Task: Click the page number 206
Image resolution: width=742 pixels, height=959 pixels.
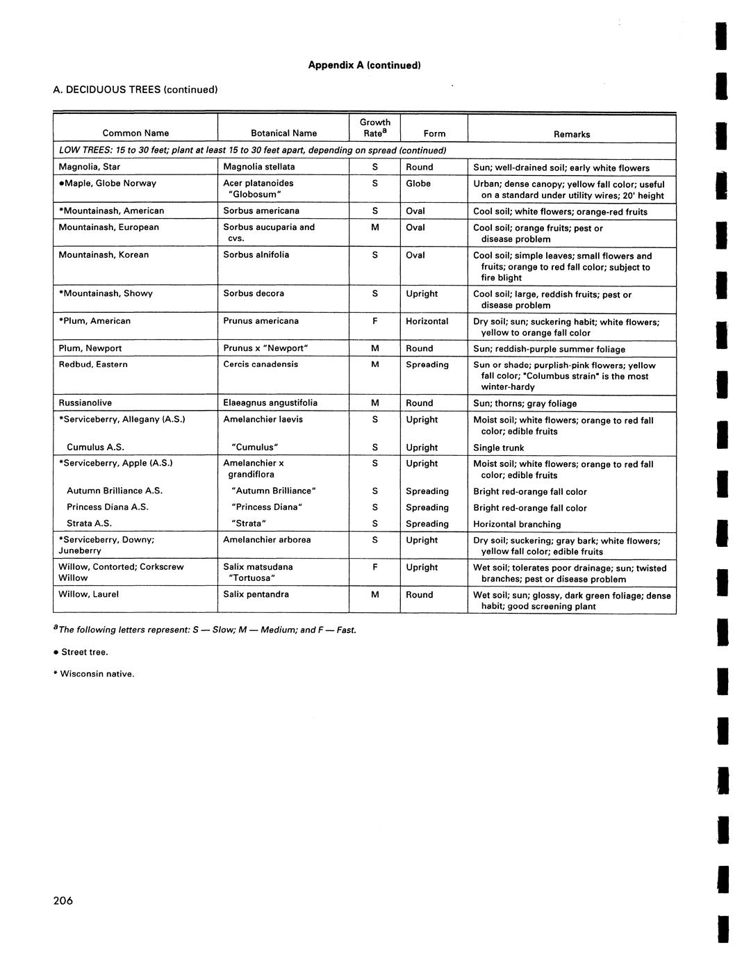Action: (63, 901)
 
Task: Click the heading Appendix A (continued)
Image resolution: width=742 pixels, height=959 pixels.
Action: (364, 65)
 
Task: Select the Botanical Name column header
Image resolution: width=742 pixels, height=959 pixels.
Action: (283, 133)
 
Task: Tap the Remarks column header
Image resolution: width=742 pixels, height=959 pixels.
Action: (571, 134)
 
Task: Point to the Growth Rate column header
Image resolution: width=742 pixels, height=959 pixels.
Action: (375, 128)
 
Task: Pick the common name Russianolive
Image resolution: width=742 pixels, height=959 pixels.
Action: (85, 403)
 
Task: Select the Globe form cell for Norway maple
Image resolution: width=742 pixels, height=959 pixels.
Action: (418, 183)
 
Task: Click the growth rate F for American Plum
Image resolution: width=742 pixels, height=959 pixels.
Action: (375, 321)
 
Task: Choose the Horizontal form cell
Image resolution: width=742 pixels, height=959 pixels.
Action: (427, 321)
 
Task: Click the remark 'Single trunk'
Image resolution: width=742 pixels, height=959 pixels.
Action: (498, 448)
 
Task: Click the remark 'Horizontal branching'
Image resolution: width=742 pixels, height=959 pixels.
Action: (517, 525)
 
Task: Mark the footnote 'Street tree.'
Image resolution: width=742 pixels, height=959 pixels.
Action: (84, 652)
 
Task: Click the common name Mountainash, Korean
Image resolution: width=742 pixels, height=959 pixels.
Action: (104, 255)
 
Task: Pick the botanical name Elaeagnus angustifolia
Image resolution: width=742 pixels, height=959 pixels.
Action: (270, 403)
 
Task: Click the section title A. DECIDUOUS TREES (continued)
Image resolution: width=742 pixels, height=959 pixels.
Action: (135, 90)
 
